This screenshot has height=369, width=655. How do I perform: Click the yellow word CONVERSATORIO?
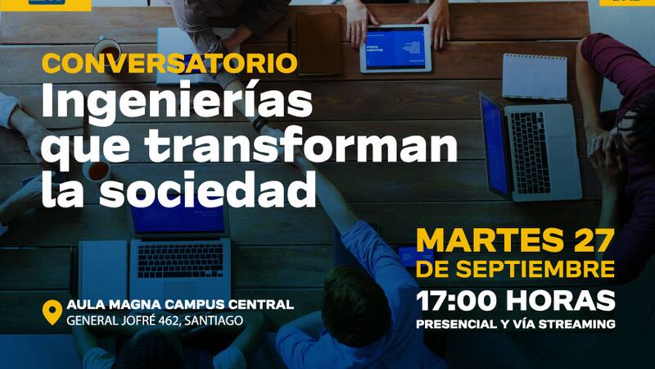pos(169,64)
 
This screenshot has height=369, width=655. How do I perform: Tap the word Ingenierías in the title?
pos(177,103)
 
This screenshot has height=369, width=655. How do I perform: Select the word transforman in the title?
pos(301,145)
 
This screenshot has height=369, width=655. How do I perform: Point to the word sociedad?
pos(208,188)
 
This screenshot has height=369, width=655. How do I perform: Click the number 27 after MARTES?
pos(594,241)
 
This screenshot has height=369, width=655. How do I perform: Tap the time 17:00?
pos(457,301)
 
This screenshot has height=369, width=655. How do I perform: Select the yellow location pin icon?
pos(52,312)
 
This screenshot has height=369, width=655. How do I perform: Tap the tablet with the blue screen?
pos(395,48)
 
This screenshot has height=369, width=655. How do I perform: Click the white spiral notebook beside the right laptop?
pos(535,77)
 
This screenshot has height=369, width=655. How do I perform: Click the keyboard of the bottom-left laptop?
pos(180,261)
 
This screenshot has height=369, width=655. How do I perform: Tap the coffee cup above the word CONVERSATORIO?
pos(107,49)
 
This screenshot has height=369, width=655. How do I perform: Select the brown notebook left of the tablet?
pos(320,44)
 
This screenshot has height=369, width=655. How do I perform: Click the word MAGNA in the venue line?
pos(131,304)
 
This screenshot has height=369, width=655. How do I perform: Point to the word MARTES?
pos(490,241)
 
